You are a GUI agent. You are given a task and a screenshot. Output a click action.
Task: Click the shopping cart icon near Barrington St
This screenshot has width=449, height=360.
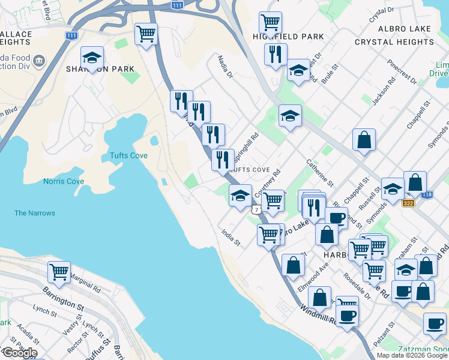59,272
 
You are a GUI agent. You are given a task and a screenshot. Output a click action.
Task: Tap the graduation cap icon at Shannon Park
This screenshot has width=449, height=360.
92,58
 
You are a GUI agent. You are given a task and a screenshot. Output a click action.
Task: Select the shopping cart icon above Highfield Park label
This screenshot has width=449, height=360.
270,23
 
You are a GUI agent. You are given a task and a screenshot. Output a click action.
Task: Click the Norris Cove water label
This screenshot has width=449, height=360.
64,181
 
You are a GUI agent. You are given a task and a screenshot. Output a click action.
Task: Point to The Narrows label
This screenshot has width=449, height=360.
35,213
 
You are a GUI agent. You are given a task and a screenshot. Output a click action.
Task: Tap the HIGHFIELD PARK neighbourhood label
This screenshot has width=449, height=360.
297,37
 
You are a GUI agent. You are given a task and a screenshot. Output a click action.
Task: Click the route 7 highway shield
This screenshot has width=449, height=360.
256,210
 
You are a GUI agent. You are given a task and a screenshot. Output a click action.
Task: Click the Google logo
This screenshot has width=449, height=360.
19,353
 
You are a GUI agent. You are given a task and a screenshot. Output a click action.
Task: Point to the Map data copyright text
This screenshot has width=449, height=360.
411,355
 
